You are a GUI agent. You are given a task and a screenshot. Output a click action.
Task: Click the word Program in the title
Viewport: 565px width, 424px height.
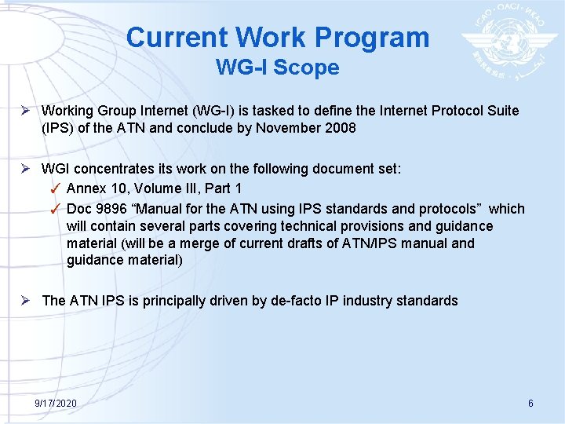374,38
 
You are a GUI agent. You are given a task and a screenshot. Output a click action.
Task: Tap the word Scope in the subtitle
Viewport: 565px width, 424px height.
311,68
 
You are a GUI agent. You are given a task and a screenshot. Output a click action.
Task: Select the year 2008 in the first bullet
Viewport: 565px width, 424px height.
340,127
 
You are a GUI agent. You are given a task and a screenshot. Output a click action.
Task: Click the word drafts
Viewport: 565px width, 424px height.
312,243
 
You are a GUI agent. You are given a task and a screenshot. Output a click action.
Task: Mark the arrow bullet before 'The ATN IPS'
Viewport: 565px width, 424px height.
28,300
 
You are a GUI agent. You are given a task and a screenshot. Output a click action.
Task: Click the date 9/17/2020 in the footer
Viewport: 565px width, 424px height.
56,403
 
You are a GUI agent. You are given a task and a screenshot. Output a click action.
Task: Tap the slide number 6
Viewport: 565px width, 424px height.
530,403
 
